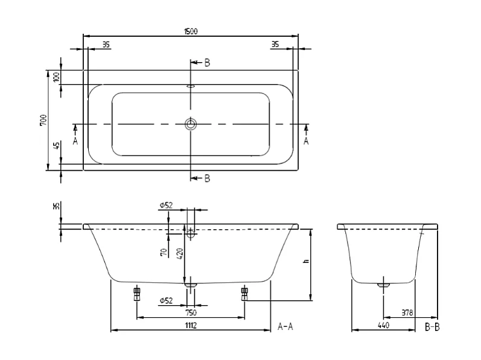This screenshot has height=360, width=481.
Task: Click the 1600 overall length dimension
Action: [191, 31]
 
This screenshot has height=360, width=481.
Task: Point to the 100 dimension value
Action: [56, 77]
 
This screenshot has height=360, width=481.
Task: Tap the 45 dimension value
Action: [56, 146]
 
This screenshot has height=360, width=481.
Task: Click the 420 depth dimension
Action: [179, 253]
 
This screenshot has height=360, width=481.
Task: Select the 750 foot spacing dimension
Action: [190, 312]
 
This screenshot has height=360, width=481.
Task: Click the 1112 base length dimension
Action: [190, 326]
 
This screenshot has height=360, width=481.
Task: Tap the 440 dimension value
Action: [383, 326]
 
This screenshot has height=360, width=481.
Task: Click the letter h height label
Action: [306, 262]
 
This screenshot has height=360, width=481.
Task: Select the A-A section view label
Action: [285, 326]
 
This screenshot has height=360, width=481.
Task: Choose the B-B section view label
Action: [433, 326]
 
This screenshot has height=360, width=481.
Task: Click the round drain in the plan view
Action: [191, 124]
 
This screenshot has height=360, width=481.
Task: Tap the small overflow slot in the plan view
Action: [191, 86]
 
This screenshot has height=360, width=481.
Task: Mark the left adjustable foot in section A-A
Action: [137, 293]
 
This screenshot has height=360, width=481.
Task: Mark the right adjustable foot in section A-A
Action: [244, 293]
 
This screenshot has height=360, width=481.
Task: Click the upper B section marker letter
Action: [206, 63]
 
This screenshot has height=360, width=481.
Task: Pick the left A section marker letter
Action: [75, 141]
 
